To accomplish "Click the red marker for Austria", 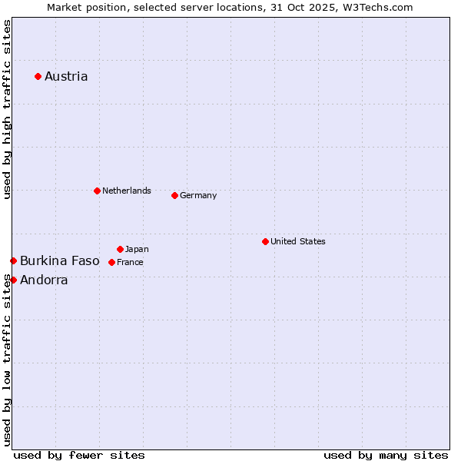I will (38, 76).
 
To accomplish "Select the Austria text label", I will (66, 76).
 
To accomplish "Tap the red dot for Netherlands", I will (97, 191).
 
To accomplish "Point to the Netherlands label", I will (126, 191).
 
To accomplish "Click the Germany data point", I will (174, 195).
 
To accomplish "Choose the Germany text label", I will (198, 195).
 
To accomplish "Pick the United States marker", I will (265, 241).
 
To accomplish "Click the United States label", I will (297, 241).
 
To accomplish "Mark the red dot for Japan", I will (120, 249).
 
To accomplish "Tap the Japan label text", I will (137, 249).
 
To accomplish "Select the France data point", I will (111, 262).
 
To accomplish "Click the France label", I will (130, 262).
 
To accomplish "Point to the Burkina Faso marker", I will (13, 261).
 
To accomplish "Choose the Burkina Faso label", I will (60, 261).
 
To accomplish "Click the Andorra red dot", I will (13, 280).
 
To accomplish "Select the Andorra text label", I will (44, 280).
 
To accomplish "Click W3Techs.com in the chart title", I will (377, 7).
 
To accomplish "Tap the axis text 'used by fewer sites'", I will (79, 455).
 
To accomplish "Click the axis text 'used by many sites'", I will (386, 455).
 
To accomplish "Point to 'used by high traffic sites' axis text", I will (7, 109).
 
